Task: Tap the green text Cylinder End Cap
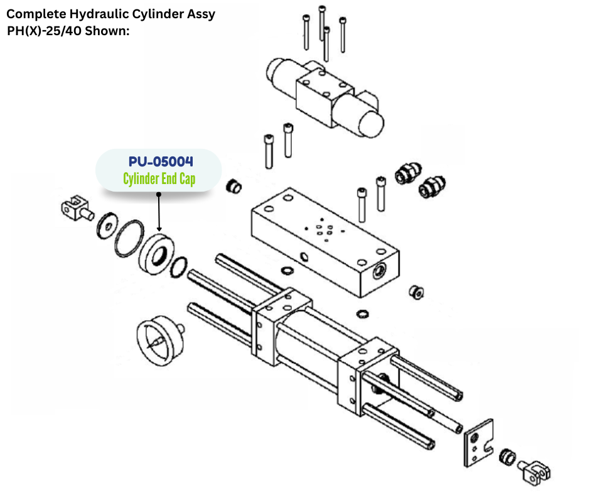(159, 179)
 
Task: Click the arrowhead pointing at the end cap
(159, 229)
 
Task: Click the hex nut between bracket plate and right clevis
(507, 457)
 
